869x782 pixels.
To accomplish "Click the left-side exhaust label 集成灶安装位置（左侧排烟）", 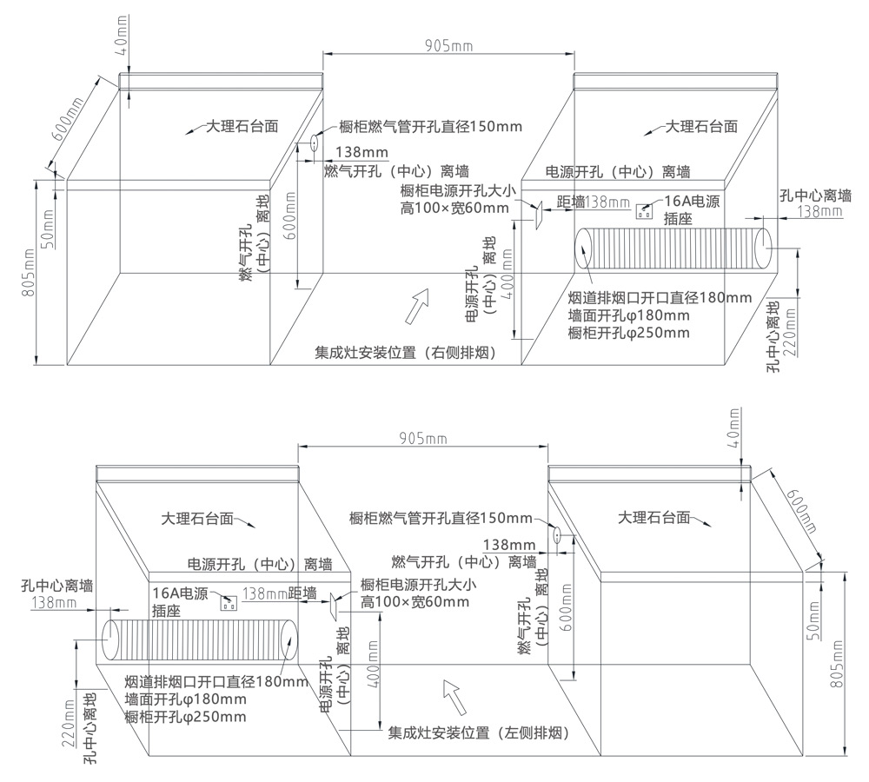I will [x=479, y=732].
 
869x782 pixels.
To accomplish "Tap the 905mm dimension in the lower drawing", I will [x=424, y=440].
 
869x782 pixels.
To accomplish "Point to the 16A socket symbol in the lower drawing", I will [x=230, y=602].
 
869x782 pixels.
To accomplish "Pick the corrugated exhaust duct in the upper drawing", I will [x=673, y=249].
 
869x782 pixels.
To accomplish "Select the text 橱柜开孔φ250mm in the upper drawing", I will [x=628, y=333].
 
